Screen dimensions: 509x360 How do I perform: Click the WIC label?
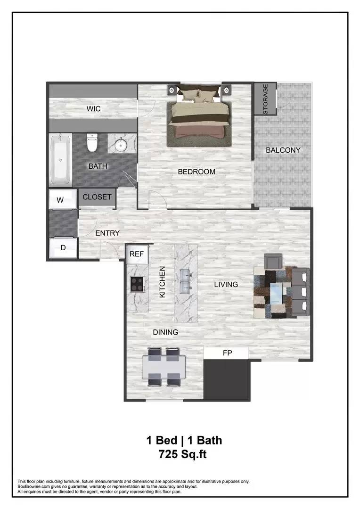[93, 109]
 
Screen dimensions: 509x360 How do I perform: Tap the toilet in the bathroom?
[92, 142]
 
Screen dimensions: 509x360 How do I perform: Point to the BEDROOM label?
[196, 172]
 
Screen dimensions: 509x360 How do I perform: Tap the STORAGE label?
[265, 99]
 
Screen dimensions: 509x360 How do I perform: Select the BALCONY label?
[283, 150]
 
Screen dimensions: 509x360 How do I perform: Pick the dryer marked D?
[63, 248]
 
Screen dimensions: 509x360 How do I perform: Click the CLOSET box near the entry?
[97, 197]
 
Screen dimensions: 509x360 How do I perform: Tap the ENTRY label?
[107, 233]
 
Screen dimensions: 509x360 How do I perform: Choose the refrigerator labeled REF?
[137, 254]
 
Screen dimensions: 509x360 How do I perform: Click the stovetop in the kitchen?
[137, 284]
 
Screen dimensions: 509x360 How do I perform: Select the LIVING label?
[226, 284]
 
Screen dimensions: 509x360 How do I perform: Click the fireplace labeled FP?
[227, 353]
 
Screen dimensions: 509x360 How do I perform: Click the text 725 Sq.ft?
[183, 455]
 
